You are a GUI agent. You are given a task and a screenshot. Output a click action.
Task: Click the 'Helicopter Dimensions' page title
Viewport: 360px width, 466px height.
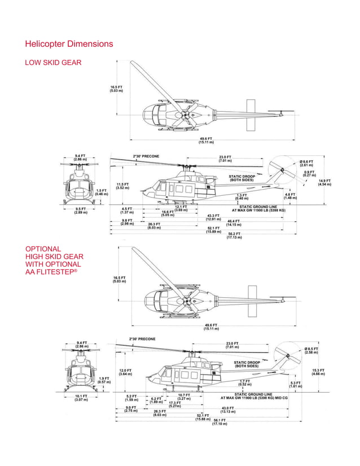[69, 44]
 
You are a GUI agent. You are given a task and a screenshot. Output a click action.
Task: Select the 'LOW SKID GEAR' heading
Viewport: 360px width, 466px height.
[53, 62]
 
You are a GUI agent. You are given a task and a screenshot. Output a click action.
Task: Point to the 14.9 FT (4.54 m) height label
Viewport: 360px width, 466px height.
[324, 182]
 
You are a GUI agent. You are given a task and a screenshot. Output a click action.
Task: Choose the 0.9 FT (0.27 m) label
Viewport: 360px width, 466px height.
[309, 173]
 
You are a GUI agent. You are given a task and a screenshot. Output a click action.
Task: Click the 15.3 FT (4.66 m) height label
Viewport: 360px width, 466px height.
[318, 372]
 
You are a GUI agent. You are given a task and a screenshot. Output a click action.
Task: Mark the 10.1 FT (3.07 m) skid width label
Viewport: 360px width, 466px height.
[81, 398]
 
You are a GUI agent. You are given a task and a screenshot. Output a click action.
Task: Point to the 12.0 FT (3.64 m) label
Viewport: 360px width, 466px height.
[125, 372]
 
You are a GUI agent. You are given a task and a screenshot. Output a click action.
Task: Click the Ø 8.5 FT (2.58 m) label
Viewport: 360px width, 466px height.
[311, 351]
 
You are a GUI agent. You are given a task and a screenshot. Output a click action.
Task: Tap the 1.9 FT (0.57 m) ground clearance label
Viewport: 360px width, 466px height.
[104, 380]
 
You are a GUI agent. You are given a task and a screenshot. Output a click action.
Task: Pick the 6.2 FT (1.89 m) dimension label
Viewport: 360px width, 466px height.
[156, 400]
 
